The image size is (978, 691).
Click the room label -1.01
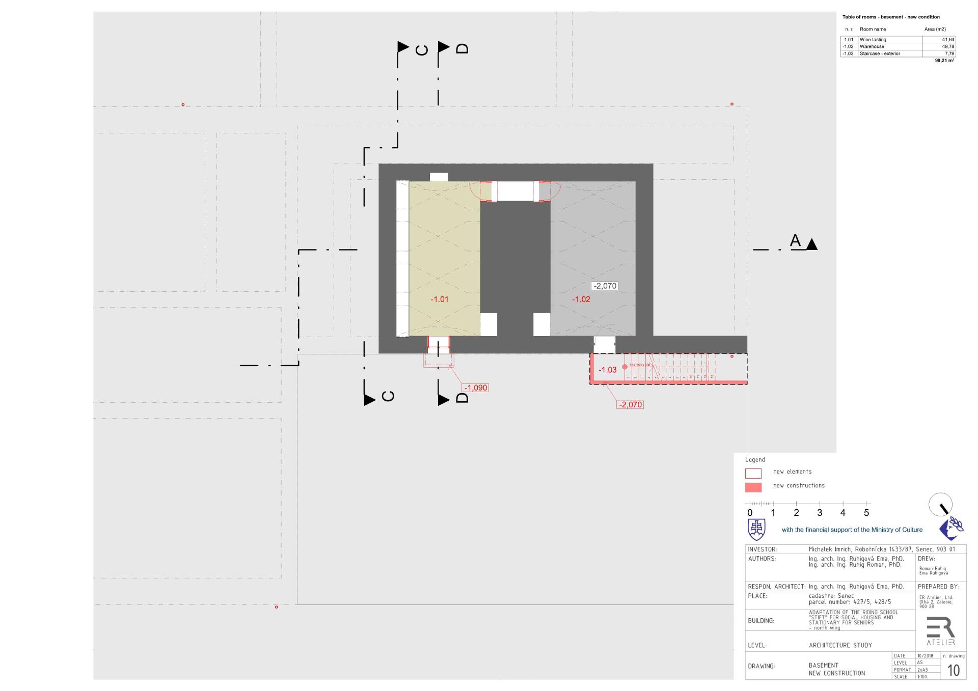point(439,299)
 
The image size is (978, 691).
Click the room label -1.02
point(581,299)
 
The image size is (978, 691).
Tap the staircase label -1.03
point(607,370)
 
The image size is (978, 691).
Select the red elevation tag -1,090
point(476,388)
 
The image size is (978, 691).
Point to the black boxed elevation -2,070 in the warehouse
point(605,286)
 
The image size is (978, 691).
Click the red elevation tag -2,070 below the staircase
point(630,405)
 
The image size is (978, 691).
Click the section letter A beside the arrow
point(795,240)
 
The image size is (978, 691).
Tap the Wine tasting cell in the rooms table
point(873,40)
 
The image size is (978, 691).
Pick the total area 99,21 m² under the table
point(944,61)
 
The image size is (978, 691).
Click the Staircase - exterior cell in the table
point(880,53)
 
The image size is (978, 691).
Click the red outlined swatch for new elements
point(753,473)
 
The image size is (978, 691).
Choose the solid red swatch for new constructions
point(753,487)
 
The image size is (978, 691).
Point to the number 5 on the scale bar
point(866,513)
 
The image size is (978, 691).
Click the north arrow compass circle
point(940,505)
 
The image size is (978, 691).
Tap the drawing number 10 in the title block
point(953,670)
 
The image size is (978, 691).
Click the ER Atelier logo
point(940,631)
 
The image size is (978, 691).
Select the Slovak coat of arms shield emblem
point(756,530)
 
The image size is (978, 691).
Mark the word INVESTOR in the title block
point(762,549)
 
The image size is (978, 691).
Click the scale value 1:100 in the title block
point(922,677)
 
